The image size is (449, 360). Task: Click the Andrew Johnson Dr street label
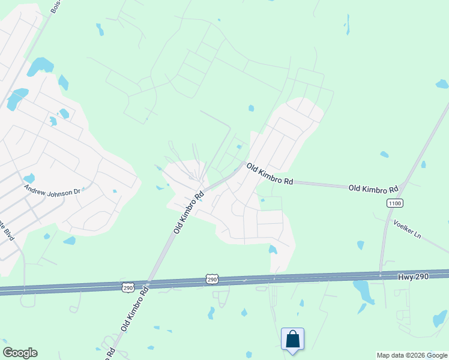click(x=52, y=191)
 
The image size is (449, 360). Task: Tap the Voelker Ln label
click(x=408, y=229)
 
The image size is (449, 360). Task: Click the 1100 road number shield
click(x=394, y=203)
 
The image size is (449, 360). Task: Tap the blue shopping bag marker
click(x=292, y=339)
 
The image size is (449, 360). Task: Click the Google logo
click(x=20, y=353)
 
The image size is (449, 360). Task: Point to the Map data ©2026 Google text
click(x=411, y=355)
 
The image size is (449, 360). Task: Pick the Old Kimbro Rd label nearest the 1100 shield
click(x=373, y=188)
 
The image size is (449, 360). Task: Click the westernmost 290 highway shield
click(x=128, y=288)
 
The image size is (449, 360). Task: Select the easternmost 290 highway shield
click(x=211, y=279)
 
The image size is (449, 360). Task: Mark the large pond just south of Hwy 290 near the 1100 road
click(x=363, y=291)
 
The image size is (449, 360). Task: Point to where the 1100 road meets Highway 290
click(x=380, y=274)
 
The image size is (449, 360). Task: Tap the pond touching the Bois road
click(x=40, y=65)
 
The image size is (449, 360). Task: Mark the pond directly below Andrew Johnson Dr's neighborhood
click(x=70, y=241)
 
